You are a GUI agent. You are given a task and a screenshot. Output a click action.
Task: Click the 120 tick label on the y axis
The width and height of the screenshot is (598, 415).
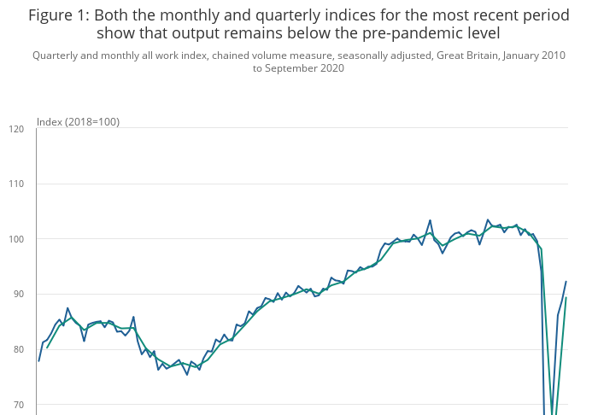[x=16, y=129]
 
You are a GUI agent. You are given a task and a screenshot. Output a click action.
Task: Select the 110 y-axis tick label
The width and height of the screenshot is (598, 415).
[x=16, y=184]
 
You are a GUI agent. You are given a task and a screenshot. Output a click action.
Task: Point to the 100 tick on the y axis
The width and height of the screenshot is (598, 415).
[x=16, y=239]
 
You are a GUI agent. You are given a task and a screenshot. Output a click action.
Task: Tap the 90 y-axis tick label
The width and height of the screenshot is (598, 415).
[x=18, y=294]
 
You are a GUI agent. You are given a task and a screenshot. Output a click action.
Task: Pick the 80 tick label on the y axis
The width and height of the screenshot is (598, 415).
[x=18, y=349]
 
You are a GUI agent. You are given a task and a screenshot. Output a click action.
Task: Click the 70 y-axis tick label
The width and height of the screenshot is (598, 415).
[x=18, y=404]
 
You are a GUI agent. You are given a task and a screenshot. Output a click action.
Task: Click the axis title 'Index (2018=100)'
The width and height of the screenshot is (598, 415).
[x=78, y=122]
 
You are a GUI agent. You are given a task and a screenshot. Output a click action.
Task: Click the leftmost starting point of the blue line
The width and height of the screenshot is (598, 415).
[x=39, y=360]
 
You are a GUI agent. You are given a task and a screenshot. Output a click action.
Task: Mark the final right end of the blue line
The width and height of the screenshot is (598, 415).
[x=566, y=282]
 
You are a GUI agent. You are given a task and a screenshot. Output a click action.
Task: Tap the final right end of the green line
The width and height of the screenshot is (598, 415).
[x=566, y=298]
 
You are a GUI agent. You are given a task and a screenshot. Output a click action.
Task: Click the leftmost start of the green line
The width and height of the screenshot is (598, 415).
[x=47, y=348]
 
